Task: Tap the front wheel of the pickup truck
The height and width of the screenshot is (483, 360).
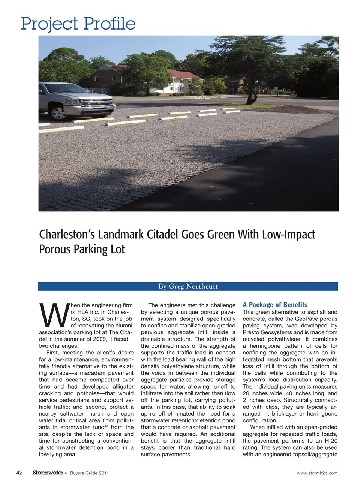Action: [x=58, y=113]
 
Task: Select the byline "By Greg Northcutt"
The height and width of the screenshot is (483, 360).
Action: [x=188, y=286]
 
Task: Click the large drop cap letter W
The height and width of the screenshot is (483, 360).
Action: [x=54, y=315]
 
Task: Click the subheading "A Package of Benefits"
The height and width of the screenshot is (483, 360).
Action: [x=275, y=305]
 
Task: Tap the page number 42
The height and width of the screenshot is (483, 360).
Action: [x=20, y=473]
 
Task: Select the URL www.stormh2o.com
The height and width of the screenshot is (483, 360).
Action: [x=317, y=473]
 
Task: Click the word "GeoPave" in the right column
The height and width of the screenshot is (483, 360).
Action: [x=300, y=319]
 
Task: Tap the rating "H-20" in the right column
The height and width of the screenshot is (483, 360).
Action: [x=330, y=441]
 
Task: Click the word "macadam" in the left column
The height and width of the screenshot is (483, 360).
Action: [x=101, y=373]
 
